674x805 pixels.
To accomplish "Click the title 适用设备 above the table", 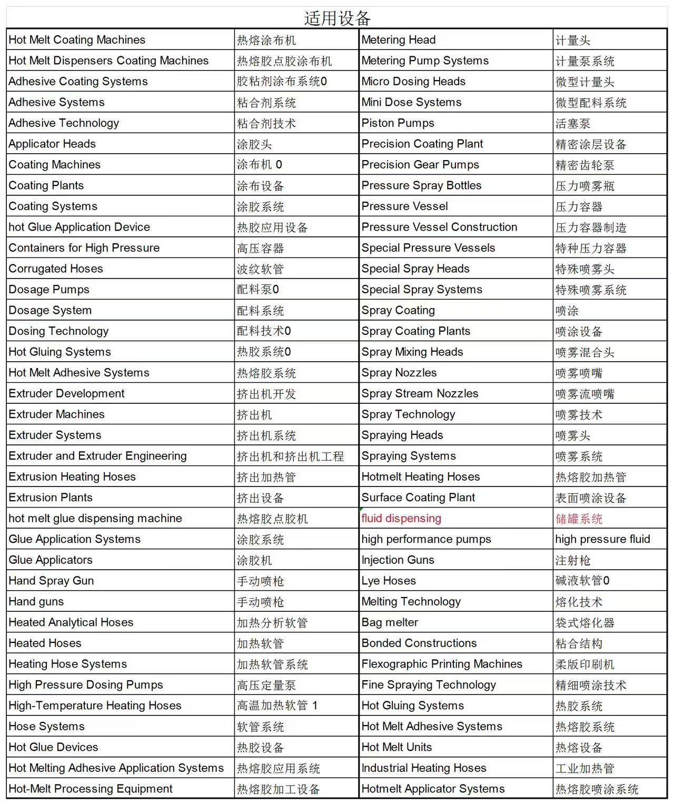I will (x=337, y=18).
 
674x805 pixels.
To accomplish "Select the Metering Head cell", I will (x=399, y=40).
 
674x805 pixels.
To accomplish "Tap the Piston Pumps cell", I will (x=398, y=123).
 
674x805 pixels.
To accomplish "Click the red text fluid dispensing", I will (x=401, y=519).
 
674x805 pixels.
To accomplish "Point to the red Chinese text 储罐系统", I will (x=579, y=519).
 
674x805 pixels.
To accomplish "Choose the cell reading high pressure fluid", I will (x=602, y=539).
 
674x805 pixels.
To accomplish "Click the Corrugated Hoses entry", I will (x=56, y=269).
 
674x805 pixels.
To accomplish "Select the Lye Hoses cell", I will (x=389, y=581).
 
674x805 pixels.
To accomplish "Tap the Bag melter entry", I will (x=390, y=622).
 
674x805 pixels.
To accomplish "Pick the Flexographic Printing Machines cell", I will (x=442, y=664).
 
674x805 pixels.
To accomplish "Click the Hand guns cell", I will (x=36, y=602).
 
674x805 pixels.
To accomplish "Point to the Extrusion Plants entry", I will (x=51, y=498).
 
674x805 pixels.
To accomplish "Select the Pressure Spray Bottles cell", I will (x=421, y=185).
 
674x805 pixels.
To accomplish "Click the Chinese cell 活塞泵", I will (x=573, y=124).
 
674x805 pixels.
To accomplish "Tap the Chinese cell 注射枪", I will (x=573, y=561).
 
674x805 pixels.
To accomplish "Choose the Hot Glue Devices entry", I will (x=53, y=747).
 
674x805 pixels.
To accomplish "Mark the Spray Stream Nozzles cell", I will (x=420, y=394).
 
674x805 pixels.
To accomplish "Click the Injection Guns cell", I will (x=398, y=560).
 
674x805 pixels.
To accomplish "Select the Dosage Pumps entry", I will (x=49, y=290).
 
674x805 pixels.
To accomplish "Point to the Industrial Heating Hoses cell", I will (x=424, y=768).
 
